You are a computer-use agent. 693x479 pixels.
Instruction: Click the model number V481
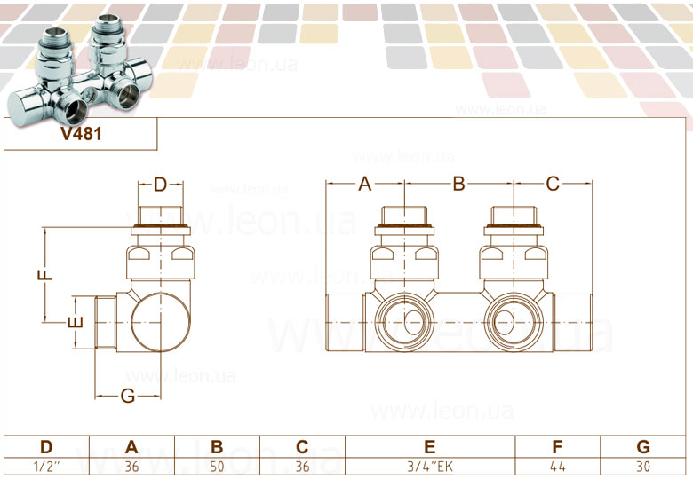(x=82, y=133)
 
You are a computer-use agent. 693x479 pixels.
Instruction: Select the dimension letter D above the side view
(x=161, y=185)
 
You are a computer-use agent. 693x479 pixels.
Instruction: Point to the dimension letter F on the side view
(x=45, y=275)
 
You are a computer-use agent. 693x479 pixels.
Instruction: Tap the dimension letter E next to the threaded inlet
(x=76, y=322)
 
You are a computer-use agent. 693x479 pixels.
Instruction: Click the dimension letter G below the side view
(x=128, y=396)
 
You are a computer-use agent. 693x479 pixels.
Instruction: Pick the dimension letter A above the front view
(x=364, y=184)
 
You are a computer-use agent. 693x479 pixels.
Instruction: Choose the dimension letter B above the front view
(x=459, y=184)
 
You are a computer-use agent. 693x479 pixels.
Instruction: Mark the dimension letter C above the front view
(x=553, y=184)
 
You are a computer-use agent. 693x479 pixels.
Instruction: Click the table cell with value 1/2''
(x=47, y=467)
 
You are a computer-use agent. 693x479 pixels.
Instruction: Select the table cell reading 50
(x=217, y=467)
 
